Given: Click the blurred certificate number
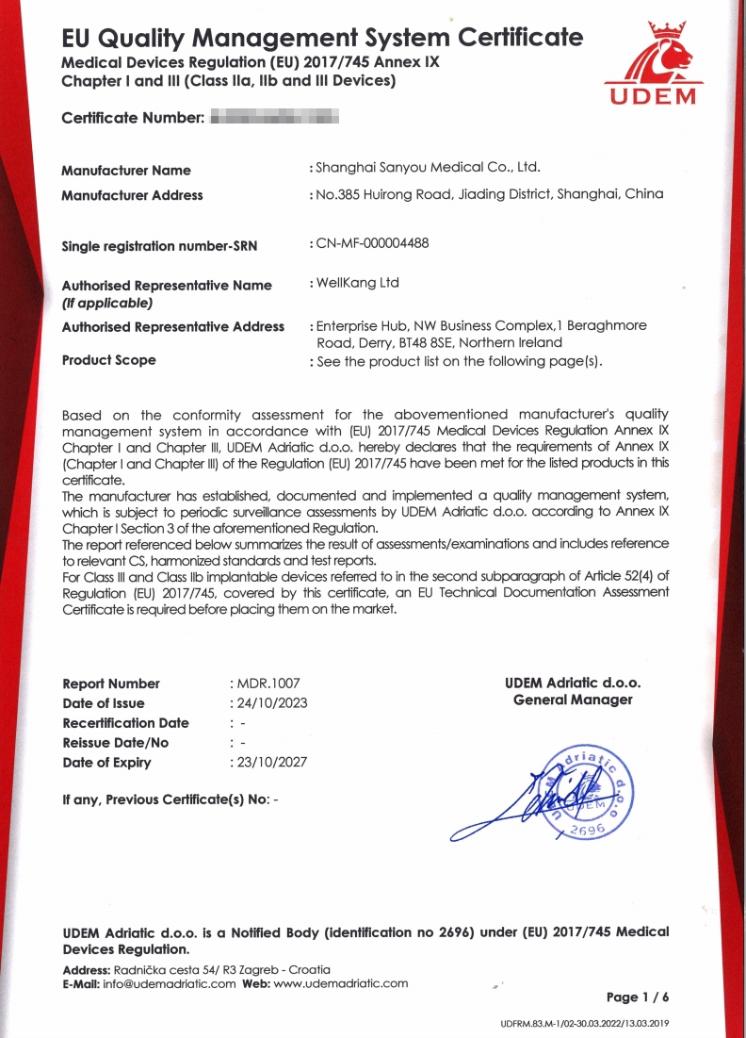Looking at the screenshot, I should tap(273, 119).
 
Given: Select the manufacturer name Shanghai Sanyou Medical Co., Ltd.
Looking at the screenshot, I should tap(428, 168).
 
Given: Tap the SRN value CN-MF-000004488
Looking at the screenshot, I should tap(372, 243).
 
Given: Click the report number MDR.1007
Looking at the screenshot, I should tap(268, 683).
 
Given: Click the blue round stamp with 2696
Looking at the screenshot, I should tap(584, 792).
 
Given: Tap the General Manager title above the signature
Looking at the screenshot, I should tap(573, 700).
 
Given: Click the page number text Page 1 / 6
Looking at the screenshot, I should tap(638, 997).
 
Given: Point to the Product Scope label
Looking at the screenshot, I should tap(108, 360).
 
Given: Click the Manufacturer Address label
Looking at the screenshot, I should tap(132, 195).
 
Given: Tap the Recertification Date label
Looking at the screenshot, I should tap(125, 723).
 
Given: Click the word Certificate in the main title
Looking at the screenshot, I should tap(520, 38).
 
